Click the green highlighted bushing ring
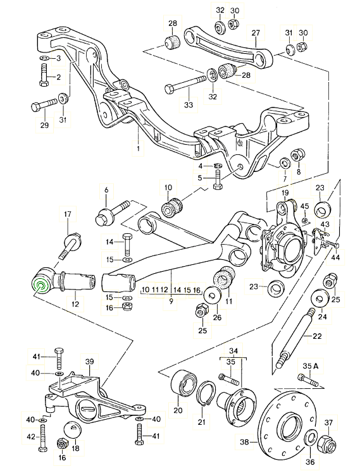tap(41, 286)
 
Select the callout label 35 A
tap(308, 365)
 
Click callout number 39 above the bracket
tap(89, 361)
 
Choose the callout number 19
tap(285, 192)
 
